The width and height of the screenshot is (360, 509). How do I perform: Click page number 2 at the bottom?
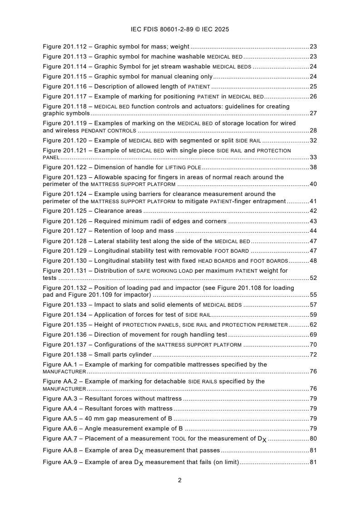click(x=180, y=480)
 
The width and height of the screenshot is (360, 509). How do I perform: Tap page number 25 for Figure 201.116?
click(x=313, y=86)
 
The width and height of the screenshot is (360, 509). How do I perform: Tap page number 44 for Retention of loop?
click(x=313, y=231)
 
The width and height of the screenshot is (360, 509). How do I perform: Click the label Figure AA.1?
click(x=63, y=364)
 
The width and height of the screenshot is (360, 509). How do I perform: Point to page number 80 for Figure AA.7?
click(x=313, y=439)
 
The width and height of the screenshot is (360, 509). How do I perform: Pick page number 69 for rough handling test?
click(x=313, y=334)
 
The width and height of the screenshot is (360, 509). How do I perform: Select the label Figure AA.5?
click(x=63, y=419)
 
